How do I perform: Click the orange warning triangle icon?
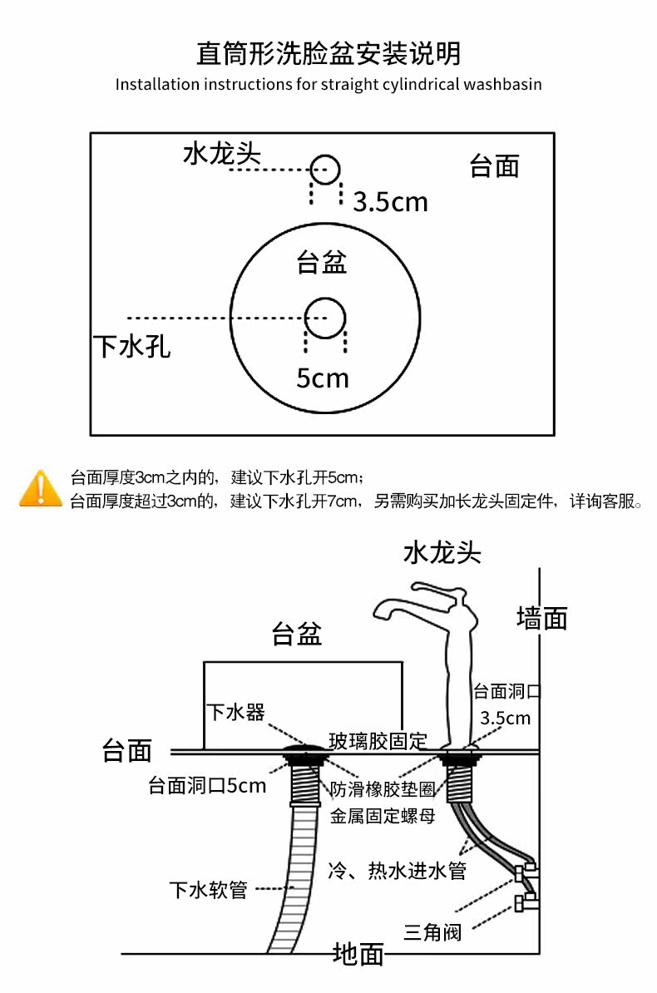click(40, 488)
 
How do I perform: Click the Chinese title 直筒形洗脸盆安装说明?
click(328, 54)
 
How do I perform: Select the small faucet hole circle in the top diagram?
click(325, 169)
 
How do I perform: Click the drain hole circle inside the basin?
click(325, 317)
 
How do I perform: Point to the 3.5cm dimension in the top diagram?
click(390, 201)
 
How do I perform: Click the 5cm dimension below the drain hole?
click(323, 378)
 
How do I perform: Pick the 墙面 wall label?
click(541, 618)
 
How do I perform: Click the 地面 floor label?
click(358, 954)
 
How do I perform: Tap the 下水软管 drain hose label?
click(209, 890)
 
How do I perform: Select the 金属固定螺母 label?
click(383, 816)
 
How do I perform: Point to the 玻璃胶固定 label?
click(378, 739)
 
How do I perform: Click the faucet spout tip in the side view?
click(379, 614)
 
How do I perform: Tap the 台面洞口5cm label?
click(207, 786)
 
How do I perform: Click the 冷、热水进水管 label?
click(398, 871)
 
